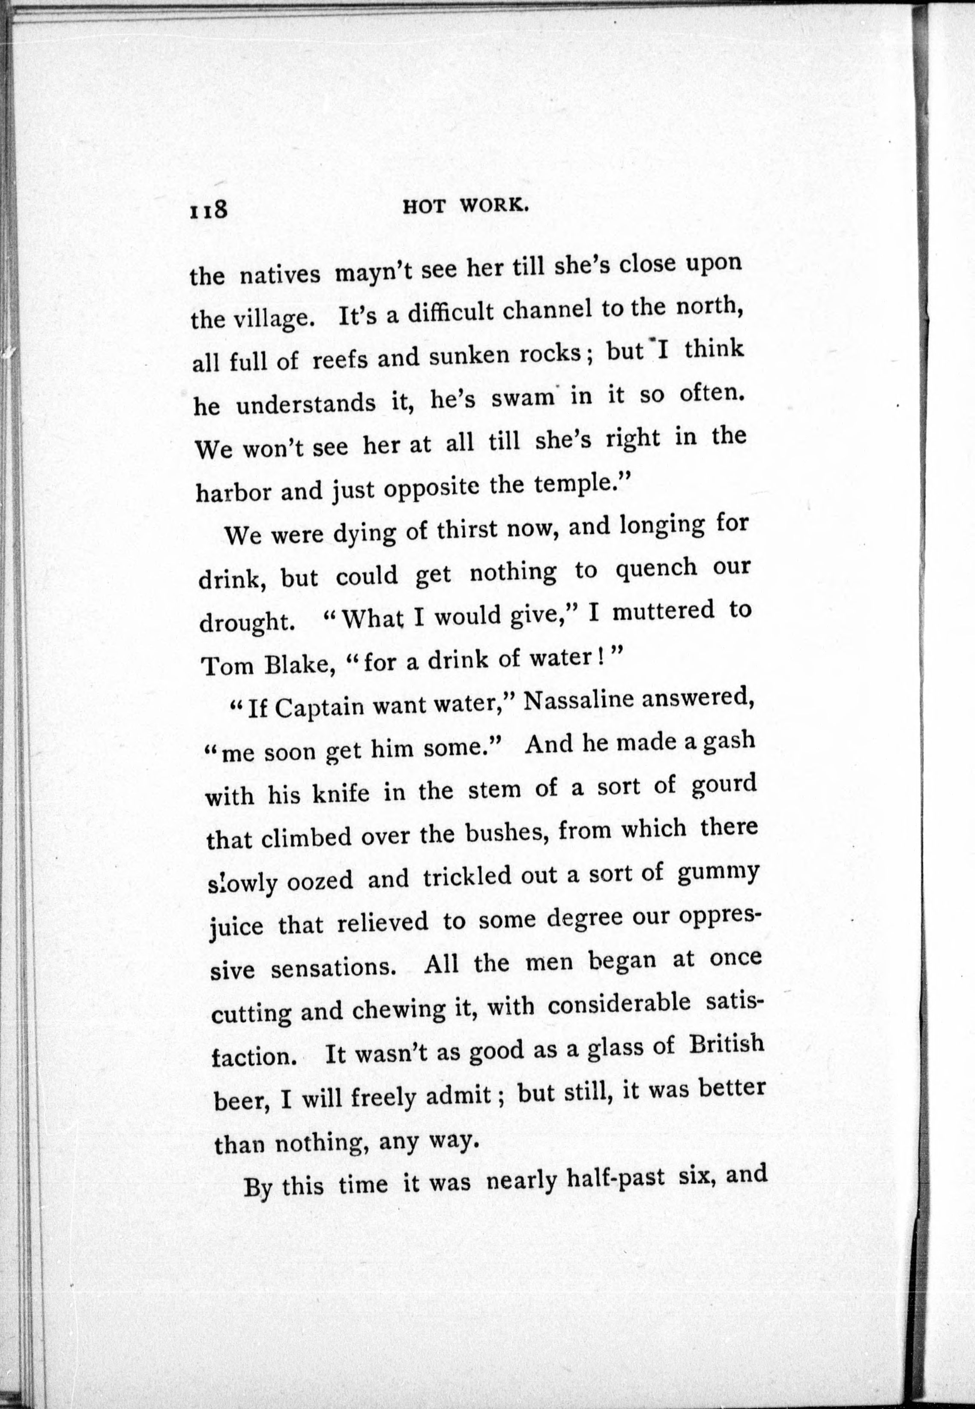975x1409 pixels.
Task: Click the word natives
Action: tap(279, 275)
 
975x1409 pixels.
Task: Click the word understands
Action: tap(305, 403)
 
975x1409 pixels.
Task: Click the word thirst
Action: tap(470, 529)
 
